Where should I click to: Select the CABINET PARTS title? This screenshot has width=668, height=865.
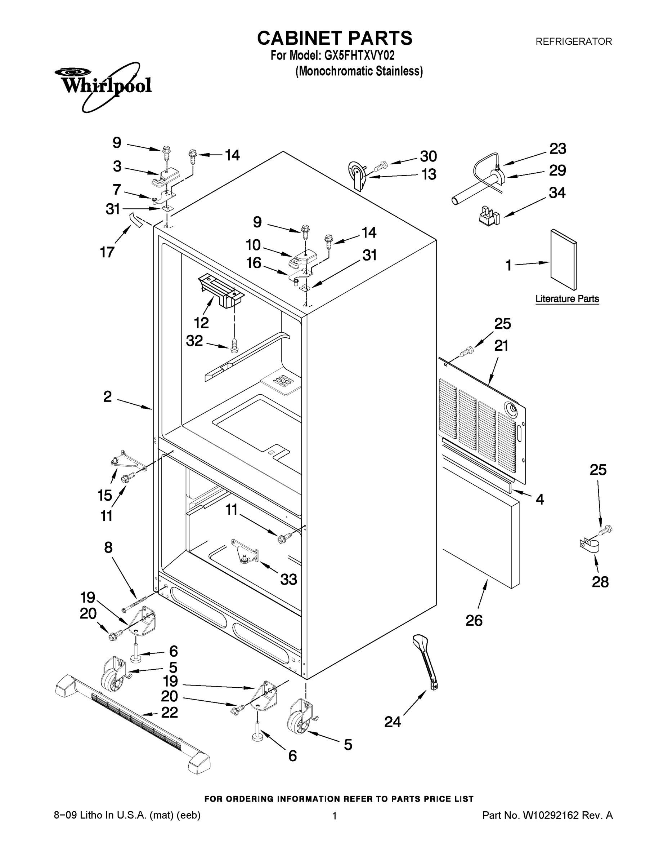335,39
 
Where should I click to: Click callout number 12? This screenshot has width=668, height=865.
201,323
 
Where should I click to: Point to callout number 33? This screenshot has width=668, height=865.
288,580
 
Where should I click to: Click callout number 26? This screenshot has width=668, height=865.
474,621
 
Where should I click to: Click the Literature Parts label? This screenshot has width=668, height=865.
567,299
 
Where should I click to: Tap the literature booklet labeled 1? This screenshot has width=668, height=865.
564,260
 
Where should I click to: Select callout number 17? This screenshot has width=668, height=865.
107,252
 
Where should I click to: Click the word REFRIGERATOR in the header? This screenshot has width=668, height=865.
573,41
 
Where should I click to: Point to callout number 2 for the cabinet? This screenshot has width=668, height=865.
108,396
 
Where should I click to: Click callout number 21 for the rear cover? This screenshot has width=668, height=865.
501,346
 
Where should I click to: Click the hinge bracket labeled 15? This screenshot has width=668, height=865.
124,461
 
